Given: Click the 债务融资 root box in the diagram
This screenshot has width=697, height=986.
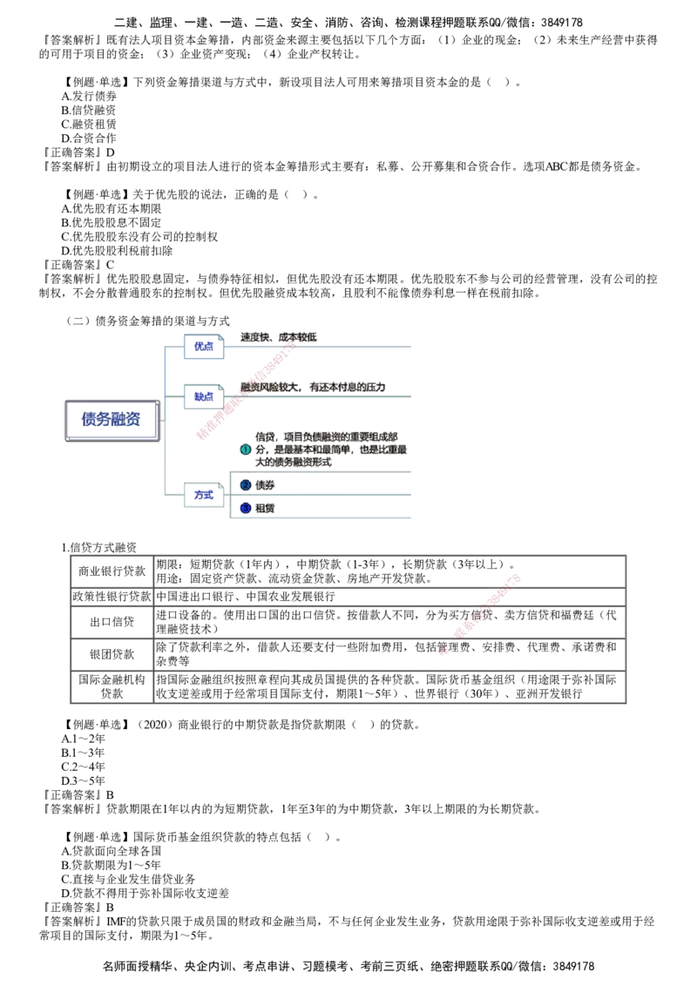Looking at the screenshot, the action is tap(112, 420).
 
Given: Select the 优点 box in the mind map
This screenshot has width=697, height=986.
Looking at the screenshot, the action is tap(204, 347).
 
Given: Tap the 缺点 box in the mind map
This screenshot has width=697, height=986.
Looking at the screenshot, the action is tap(204, 397).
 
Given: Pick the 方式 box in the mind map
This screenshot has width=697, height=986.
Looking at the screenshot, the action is tap(204, 495).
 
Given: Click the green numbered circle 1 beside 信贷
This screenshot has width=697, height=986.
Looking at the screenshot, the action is tap(246, 449).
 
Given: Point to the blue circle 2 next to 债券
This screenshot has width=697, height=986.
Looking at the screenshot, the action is tap(246, 485).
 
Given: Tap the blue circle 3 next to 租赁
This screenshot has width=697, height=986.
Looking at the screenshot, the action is tap(246, 508).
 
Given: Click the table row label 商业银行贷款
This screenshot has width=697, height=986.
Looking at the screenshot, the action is tap(112, 571).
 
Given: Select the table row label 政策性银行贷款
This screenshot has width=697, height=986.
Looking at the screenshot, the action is tap(112, 596).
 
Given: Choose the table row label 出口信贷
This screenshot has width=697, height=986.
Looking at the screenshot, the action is tap(112, 622).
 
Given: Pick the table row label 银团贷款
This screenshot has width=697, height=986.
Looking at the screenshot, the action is tap(112, 654).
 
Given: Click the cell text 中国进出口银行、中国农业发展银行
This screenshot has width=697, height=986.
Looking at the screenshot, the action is tap(246, 596).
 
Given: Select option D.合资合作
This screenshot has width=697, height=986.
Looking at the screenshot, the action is tap(89, 138).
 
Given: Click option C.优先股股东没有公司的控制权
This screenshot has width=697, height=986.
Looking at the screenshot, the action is tap(139, 237).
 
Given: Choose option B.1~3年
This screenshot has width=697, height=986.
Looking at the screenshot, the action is tap(83, 753).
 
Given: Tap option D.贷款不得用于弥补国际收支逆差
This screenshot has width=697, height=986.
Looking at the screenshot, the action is tap(145, 893).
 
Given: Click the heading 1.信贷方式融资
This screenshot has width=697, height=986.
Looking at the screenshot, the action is tap(99, 548).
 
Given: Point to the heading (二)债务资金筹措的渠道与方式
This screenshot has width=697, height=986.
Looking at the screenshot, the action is tap(148, 321).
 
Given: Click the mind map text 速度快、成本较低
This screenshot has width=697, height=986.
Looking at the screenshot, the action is tap(279, 338).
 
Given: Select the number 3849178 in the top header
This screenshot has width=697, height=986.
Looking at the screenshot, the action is tap(562, 24).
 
